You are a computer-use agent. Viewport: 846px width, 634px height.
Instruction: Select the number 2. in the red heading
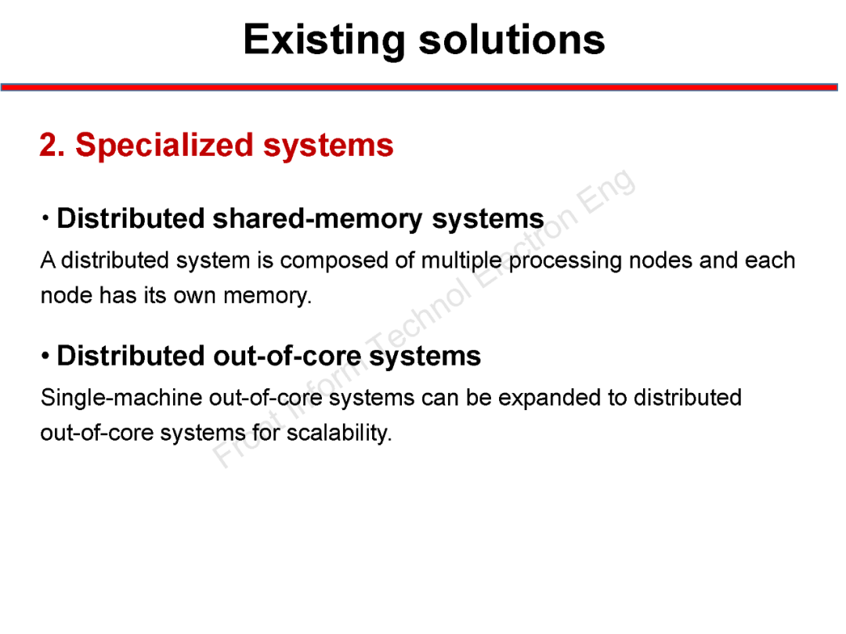coord(52,146)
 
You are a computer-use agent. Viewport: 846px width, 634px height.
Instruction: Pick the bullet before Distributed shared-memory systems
coord(46,218)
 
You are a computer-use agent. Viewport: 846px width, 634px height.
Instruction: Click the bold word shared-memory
coord(318,219)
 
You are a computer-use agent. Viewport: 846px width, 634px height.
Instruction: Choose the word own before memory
coord(197,296)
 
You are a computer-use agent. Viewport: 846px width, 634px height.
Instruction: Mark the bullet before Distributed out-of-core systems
coord(46,356)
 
